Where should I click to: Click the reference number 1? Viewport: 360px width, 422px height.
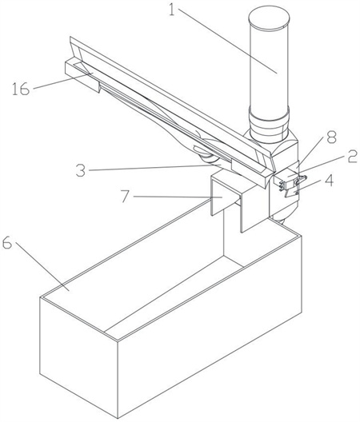tap(172, 9)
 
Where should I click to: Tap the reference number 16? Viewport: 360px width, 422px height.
tap(20, 89)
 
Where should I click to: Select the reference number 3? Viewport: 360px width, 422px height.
tap(81, 170)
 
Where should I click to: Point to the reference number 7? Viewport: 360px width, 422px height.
tap(125, 197)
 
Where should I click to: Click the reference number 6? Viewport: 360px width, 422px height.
tap(6, 244)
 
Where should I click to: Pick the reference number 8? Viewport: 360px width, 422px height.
tap(331, 137)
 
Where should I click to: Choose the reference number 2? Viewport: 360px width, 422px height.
tap(353, 157)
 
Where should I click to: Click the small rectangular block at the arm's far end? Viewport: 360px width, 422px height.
tap(82, 76)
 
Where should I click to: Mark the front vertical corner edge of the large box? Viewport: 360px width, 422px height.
tap(118, 379)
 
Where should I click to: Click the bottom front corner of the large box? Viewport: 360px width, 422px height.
tap(118, 419)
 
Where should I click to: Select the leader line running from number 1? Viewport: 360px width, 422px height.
tap(227, 41)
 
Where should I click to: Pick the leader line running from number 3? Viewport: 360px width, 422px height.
tap(155, 168)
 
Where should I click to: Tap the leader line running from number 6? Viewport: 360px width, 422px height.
tap(42, 266)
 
